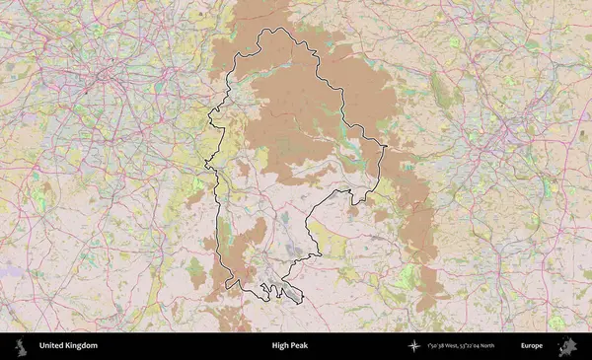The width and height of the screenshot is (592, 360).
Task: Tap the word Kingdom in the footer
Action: tap(81, 346)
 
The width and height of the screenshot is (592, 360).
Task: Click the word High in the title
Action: tap(281, 346)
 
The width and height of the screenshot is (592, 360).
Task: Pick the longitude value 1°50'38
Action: tap(437, 346)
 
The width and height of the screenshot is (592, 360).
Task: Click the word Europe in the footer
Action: tap(532, 346)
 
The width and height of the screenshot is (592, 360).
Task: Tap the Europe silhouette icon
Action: tap(569, 346)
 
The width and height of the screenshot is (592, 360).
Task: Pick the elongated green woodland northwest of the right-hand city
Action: tap(441, 94)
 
